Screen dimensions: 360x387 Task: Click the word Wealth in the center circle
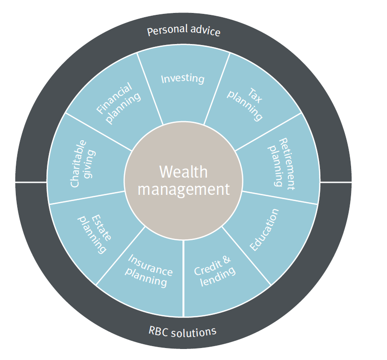[x=183, y=172]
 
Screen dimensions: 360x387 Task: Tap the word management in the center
[x=183, y=189]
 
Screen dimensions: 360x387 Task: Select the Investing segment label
[x=182, y=79]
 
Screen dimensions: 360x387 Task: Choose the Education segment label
[x=264, y=230]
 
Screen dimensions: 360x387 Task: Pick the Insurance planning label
[x=149, y=270]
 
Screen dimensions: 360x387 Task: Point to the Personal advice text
[x=183, y=32]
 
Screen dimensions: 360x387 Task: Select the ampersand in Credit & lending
[x=227, y=259]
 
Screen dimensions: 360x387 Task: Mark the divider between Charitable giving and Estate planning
[x=86, y=198]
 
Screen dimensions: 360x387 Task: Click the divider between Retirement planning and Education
[x=280, y=197]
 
